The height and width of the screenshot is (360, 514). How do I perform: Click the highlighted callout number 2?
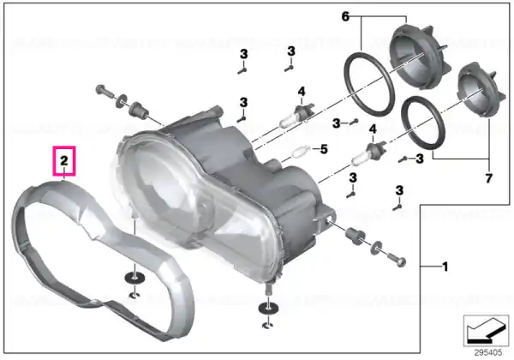coord(64,160)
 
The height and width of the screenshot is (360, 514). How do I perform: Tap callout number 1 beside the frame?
coord(445,267)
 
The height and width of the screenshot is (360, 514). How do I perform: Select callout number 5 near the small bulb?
coord(324,149)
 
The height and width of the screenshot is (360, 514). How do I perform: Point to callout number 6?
coord(345,16)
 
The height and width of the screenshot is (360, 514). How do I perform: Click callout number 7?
coord(488,178)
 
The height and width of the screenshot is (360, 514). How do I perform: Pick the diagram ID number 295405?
coord(488,352)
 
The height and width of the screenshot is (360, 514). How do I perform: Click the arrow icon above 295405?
coord(486,331)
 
